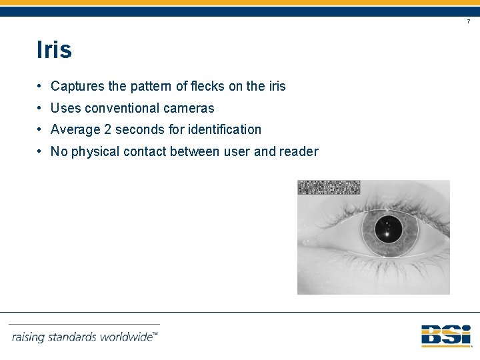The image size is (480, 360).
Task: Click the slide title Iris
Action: [55, 50]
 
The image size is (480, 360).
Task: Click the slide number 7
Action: [468, 22]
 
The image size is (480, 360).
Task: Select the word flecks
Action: [207, 86]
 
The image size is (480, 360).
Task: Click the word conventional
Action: [112, 108]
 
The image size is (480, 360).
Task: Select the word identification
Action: [225, 129]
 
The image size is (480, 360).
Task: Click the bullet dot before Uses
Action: [41, 108]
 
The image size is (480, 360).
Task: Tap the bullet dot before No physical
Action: [41, 151]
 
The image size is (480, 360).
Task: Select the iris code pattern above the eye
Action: [329, 187]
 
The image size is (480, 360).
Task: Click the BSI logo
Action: [445, 335]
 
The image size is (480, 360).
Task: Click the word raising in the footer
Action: [28, 337]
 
